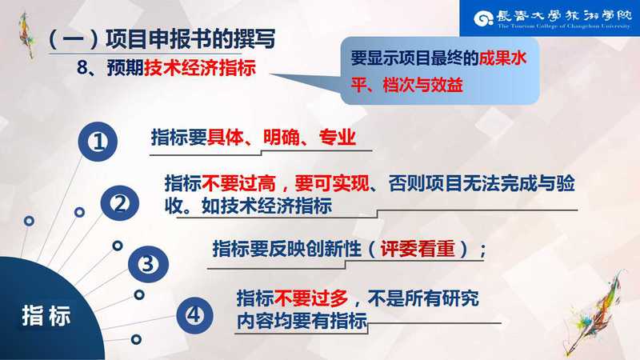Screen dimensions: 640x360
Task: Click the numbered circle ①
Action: [98, 142]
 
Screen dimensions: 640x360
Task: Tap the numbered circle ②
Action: [119, 203]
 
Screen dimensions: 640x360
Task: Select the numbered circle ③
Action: [148, 264]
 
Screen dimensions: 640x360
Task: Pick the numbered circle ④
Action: [194, 315]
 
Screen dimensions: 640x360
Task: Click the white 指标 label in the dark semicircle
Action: [46, 316]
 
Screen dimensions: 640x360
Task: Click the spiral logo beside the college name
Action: [484, 18]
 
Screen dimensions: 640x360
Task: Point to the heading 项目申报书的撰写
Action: [190, 38]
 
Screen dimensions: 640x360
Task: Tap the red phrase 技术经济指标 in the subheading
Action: [200, 67]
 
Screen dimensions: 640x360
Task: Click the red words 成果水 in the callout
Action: [502, 58]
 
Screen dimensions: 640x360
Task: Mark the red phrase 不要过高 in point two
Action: [238, 184]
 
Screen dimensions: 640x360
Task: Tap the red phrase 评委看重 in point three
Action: [418, 249]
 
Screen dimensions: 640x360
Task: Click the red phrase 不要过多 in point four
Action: [311, 298]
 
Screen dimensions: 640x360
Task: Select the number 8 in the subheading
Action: [82, 68]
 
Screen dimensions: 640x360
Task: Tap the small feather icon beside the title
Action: [27, 35]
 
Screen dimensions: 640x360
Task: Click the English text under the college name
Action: [564, 26]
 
